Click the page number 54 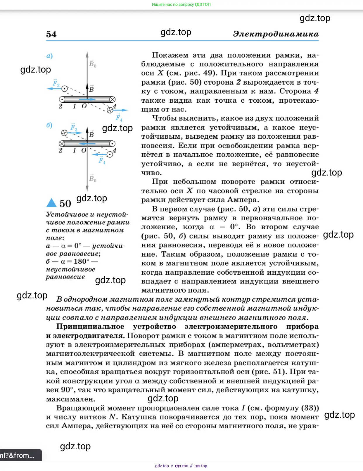pos(51,34)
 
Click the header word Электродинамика pos(276,34)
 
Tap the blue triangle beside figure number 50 pos(51,203)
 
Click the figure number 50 pos(65,204)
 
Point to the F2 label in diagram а pos(56,83)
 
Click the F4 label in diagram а pos(119,118)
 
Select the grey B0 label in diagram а pos(93,64)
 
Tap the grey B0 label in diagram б pos(93,178)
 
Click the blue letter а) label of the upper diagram pos(49,56)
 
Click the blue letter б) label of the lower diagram pos(49,125)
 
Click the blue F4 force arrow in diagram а pos(120,110)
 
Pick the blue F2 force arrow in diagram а pos(54,88)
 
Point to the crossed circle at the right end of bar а pos(112,99)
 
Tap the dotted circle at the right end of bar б pos(112,144)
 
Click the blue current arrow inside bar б pos(87,144)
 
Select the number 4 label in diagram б pos(115,150)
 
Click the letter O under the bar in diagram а pos(84,106)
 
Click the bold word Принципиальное pos(90,326)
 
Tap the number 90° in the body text pos(67,390)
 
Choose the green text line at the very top pos(181,4)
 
